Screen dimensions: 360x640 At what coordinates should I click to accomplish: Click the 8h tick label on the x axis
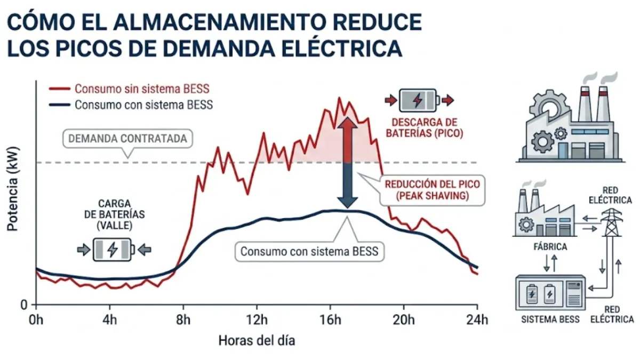coord(183,319)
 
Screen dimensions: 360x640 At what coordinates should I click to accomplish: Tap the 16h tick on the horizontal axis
coord(330,319)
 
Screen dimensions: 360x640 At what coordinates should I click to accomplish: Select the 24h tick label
coord(476,319)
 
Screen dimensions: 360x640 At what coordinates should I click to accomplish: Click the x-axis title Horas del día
coord(256,340)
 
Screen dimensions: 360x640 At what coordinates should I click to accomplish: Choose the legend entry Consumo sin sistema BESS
coord(141,89)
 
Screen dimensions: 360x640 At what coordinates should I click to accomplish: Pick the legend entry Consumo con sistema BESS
coord(143,105)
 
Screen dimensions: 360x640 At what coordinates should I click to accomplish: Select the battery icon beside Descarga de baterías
coord(418,100)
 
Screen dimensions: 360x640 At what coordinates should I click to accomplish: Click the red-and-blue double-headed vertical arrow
coord(347,163)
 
